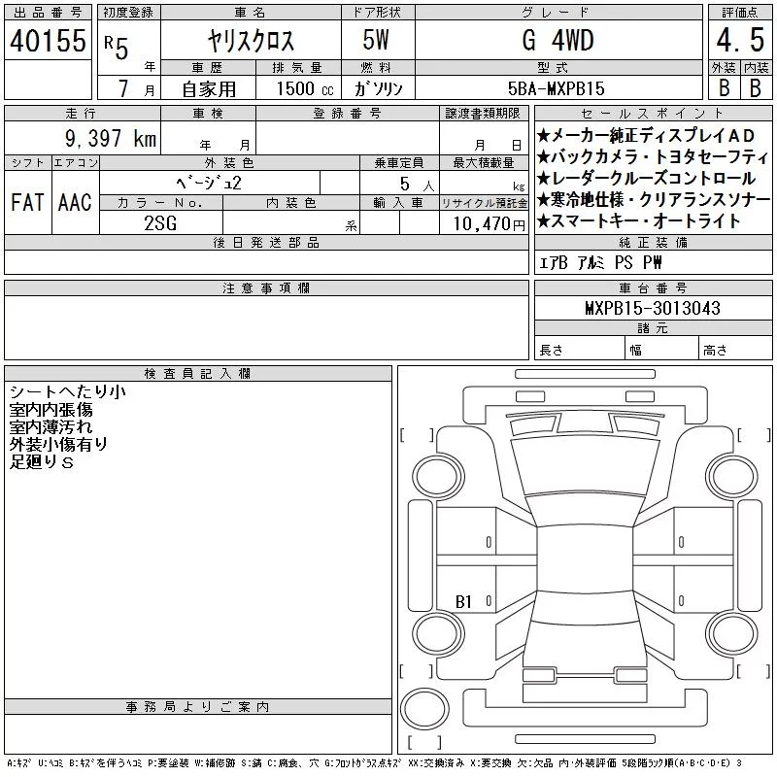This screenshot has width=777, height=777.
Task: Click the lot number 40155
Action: tap(48, 40)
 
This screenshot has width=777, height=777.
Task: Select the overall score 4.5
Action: tap(740, 40)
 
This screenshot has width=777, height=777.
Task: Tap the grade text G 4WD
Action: tap(557, 40)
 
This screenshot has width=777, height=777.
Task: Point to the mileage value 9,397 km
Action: tap(111, 138)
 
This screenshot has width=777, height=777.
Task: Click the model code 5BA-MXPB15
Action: tap(556, 88)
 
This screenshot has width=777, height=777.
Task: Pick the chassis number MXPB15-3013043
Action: tap(653, 308)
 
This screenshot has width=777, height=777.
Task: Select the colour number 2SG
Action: tap(160, 223)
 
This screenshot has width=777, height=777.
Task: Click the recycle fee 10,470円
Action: tap(489, 224)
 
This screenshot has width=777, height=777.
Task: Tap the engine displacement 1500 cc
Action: tap(305, 88)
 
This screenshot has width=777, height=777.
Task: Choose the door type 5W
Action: tap(376, 40)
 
